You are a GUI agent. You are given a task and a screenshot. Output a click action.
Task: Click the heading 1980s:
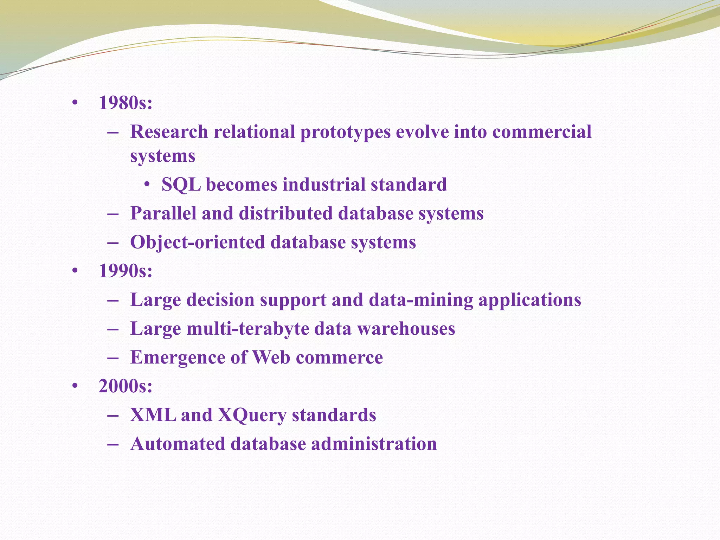coord(126,103)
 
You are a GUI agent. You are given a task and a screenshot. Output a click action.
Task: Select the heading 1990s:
coord(126,271)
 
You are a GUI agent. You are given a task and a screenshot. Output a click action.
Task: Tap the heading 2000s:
coord(126,386)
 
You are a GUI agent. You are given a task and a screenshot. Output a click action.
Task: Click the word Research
coord(169,132)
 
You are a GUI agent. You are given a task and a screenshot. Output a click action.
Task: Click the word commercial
coord(542,132)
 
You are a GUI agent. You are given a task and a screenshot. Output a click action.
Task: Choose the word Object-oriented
coord(198,243)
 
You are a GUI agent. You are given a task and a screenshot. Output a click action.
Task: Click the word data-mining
coord(421,300)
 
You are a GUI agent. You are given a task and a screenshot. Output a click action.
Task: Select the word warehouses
coord(406,329)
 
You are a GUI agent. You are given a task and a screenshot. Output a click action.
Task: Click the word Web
coord(271,358)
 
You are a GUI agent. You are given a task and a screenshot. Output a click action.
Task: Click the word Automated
coord(178,444)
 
